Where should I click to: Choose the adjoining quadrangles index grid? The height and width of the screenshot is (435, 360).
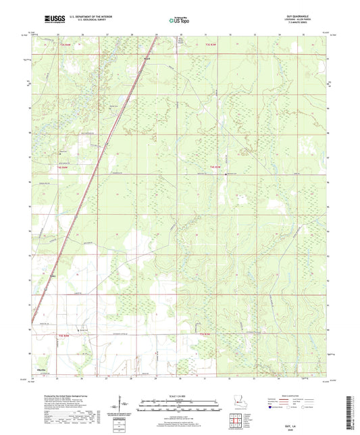tap(236, 423)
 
